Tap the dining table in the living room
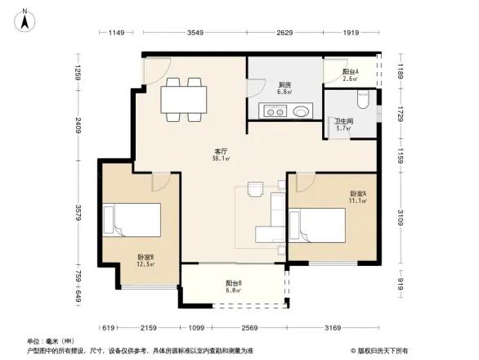tap(184, 99)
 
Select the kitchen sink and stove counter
tap(285, 110)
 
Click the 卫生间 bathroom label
tap(342, 124)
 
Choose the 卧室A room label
tap(357, 196)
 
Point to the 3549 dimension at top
tap(194, 33)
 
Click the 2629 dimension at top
tap(284, 33)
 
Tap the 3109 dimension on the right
tap(401, 218)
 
